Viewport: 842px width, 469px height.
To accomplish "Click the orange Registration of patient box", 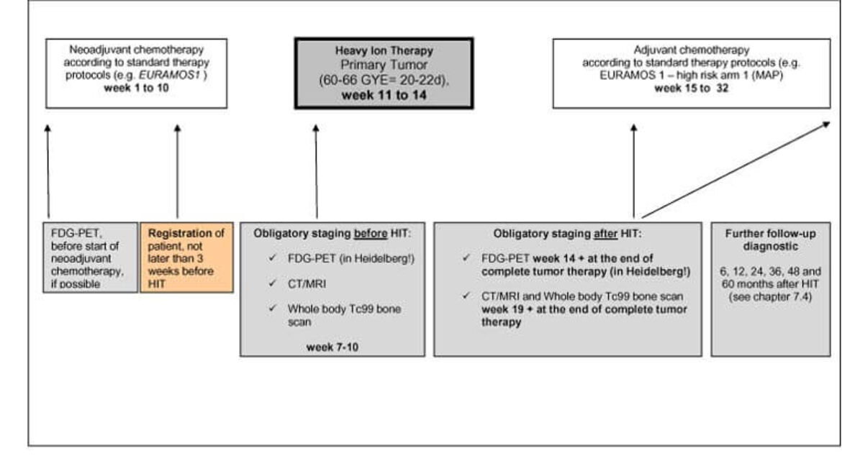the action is tap(187, 258).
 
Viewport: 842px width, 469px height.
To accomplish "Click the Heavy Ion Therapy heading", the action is tap(384, 51).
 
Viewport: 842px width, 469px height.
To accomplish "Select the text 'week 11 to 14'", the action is tap(384, 96).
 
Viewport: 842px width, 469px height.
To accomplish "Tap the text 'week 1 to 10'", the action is tap(137, 88).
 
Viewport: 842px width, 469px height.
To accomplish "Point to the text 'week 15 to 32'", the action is tap(692, 88).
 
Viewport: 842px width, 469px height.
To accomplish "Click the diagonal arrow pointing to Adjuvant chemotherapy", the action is tap(736, 170).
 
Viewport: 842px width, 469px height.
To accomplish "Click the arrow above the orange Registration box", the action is tap(177, 171).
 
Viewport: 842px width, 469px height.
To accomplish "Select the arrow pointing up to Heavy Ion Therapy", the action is tap(316, 171).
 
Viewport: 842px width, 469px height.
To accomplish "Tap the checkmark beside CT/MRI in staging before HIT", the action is tap(273, 283).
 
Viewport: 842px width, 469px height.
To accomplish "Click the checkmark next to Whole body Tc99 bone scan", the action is tap(273, 308).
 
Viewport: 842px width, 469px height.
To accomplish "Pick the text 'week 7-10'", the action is tap(332, 347).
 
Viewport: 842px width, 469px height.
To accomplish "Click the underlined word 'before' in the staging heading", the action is tap(371, 234).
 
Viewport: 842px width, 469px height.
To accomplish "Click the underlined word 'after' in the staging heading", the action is tap(606, 234).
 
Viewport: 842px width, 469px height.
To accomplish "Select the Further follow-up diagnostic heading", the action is tap(771, 240).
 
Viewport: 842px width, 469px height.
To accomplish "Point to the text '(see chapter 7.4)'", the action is tap(770, 297).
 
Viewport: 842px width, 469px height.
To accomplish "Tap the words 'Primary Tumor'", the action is tap(384, 65).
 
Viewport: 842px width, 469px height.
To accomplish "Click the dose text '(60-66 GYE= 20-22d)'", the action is tap(384, 81).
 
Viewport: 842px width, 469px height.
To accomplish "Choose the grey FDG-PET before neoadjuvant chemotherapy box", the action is tap(90, 258).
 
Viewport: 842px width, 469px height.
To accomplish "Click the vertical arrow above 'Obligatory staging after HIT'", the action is tap(633, 171).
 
